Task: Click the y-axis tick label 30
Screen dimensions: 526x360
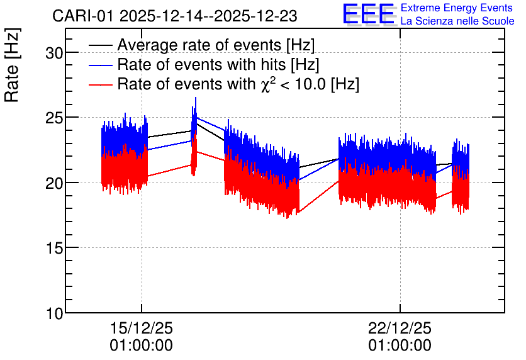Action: (54, 53)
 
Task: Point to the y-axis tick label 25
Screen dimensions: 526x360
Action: (54, 118)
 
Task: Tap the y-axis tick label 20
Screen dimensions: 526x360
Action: (54, 183)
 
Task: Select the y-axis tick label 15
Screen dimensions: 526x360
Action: (54, 248)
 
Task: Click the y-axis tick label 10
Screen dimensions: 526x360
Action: (54, 313)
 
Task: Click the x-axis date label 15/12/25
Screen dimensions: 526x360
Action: (141, 328)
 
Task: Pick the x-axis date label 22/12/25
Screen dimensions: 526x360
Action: (400, 328)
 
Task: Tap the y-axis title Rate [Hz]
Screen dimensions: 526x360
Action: (12, 65)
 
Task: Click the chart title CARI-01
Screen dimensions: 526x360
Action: (84, 16)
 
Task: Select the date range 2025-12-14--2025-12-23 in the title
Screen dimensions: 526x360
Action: (208, 16)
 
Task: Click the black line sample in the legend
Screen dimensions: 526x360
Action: (101, 45)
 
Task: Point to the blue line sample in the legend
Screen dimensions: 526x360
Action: (101, 65)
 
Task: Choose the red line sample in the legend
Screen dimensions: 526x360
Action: (101, 84)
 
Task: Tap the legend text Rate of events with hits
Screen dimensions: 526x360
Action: (201, 64)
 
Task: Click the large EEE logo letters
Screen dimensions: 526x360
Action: (368, 14)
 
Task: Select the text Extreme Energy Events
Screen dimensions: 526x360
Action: (457, 8)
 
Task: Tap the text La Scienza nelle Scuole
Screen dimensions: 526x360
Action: (457, 21)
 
